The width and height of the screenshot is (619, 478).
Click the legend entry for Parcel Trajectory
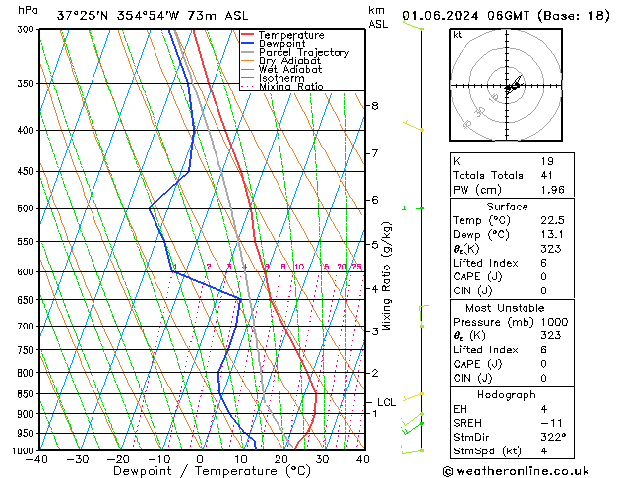pyautogui.click(x=303, y=52)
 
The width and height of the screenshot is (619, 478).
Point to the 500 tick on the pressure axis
pyautogui.click(x=23, y=209)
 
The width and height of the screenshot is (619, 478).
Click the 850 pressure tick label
pyautogui.click(x=23, y=394)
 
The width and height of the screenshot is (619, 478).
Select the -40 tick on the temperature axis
pyautogui.click(x=37, y=459)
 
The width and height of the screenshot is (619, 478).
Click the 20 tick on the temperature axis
pyautogui.click(x=281, y=459)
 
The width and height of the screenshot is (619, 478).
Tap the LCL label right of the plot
pyautogui.click(x=386, y=402)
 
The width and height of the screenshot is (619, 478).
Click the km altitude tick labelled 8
pyautogui.click(x=375, y=106)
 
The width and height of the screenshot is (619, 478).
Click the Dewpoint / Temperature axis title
pyautogui.click(x=199, y=471)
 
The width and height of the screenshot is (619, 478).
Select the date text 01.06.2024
pyautogui.click(x=445, y=15)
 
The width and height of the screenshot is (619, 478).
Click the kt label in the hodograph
pyautogui.click(x=458, y=35)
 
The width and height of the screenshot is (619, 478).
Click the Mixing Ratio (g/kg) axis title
pyautogui.click(x=387, y=276)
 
